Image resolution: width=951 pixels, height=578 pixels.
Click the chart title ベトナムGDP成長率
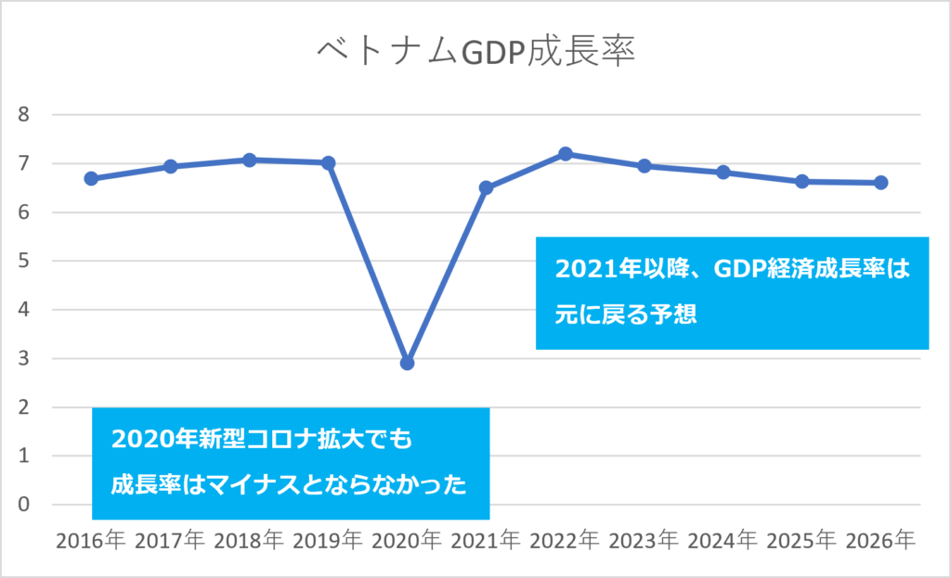(x=475, y=51)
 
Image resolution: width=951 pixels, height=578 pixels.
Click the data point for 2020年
(x=407, y=363)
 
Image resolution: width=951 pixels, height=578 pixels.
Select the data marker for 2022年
(x=565, y=153)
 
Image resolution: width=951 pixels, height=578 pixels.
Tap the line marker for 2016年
(x=91, y=178)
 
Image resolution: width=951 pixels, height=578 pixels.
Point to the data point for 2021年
(x=486, y=187)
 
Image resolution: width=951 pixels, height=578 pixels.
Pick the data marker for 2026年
(x=880, y=183)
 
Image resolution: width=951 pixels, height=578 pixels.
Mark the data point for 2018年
(x=249, y=160)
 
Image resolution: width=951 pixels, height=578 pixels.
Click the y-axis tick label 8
(x=25, y=115)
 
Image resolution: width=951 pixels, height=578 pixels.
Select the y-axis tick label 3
(x=25, y=359)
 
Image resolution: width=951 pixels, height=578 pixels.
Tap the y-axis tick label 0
(x=25, y=505)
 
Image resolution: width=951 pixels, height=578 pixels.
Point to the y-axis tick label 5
(x=25, y=262)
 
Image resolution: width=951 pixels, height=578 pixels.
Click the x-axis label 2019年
(x=328, y=540)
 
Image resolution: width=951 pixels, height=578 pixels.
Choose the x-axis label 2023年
(x=644, y=540)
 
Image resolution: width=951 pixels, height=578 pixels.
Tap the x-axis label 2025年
(x=801, y=540)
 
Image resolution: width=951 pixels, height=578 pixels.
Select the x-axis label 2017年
(x=170, y=540)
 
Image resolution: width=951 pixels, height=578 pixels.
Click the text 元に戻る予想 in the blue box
(x=626, y=314)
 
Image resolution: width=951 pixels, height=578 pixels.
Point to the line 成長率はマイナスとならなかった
(x=288, y=483)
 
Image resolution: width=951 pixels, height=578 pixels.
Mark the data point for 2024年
(x=723, y=172)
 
